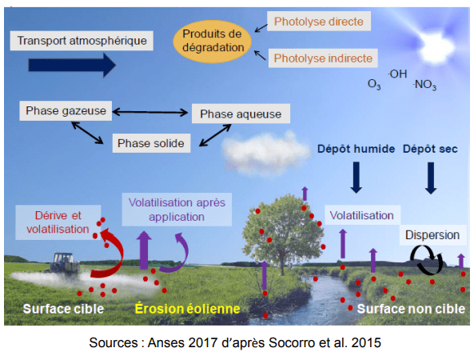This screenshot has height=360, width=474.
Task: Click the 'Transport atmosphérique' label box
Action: (x=82, y=41)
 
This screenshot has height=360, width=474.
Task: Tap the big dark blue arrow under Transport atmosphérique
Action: (x=72, y=65)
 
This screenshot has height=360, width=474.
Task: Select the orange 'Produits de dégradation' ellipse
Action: (x=212, y=41)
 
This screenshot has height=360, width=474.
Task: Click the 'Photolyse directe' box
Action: (x=319, y=22)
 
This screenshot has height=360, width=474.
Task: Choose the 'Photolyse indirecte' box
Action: (x=323, y=58)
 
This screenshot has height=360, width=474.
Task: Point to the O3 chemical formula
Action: (x=374, y=84)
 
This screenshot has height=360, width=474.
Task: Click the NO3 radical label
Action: (x=424, y=85)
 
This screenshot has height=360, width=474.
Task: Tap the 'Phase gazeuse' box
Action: (x=66, y=110)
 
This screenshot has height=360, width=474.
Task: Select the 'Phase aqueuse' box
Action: (x=241, y=114)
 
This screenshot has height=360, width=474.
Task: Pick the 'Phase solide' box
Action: (x=151, y=143)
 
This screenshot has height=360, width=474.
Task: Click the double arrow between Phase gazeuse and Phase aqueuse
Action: (x=150, y=112)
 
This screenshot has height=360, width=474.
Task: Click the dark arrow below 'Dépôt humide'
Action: (x=356, y=178)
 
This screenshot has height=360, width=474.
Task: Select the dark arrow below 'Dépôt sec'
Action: (x=431, y=178)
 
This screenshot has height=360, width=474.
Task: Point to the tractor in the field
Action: (x=64, y=263)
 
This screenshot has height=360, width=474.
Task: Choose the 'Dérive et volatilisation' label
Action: (x=58, y=222)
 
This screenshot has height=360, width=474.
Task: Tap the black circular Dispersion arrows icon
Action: (x=427, y=260)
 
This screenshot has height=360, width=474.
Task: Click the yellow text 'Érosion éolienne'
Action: (x=187, y=309)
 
